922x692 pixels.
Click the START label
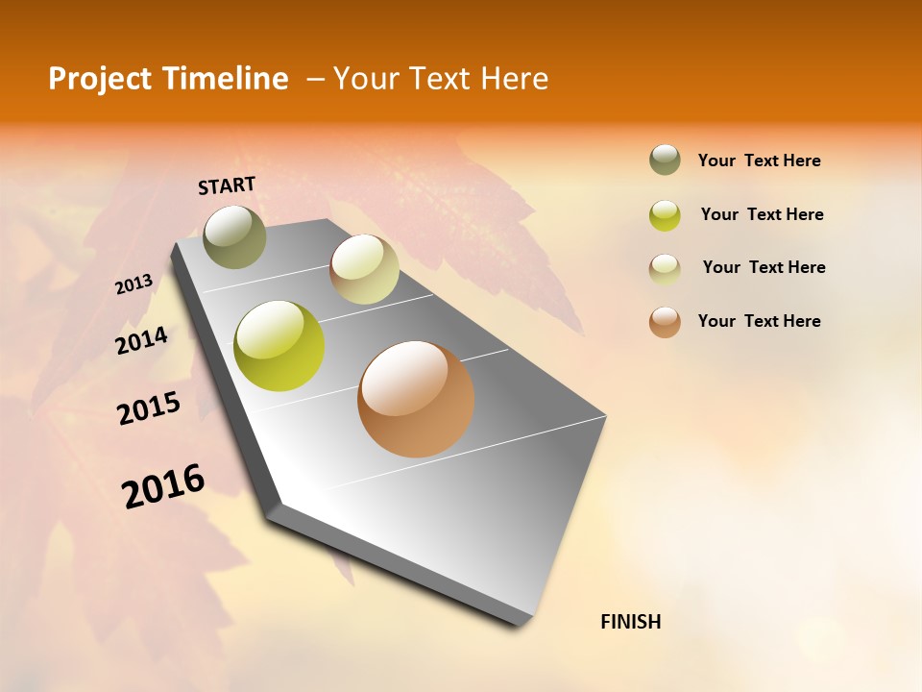[x=227, y=185]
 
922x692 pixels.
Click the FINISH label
[x=630, y=622]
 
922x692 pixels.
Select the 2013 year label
[x=134, y=284]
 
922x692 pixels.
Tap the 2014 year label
[x=142, y=341]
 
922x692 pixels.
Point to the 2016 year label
[x=163, y=485]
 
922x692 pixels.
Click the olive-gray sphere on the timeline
[x=235, y=236]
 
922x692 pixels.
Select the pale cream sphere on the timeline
[x=364, y=269]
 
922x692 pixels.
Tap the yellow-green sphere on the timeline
[x=279, y=346]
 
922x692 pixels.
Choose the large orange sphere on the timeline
[x=416, y=399]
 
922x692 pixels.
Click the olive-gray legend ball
[x=665, y=161]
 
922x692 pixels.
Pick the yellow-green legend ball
[x=665, y=215]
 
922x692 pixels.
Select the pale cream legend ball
[x=665, y=268]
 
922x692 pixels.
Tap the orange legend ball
[x=665, y=322]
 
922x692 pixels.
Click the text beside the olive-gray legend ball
[x=759, y=161]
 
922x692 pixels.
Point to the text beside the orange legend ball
[x=759, y=321]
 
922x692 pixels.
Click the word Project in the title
[x=100, y=79]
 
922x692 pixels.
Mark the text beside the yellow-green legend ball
[x=762, y=214]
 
